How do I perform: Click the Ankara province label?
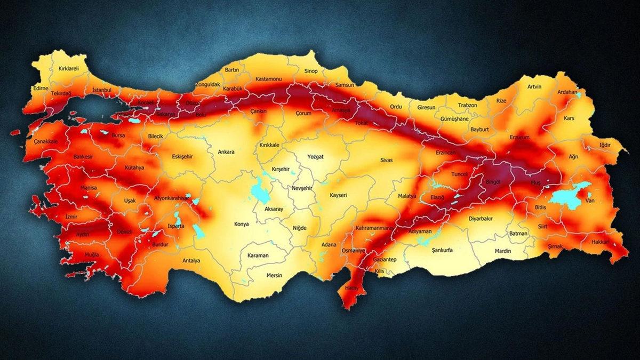[x=226, y=152]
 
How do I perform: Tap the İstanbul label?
[x=102, y=91]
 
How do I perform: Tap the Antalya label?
[x=191, y=261]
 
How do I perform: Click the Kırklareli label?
[x=68, y=69]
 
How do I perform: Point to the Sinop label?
[x=310, y=71]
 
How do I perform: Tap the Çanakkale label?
[x=45, y=141]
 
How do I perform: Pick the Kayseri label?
[x=338, y=195]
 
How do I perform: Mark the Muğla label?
[x=92, y=254]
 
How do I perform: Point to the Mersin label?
[x=274, y=275]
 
